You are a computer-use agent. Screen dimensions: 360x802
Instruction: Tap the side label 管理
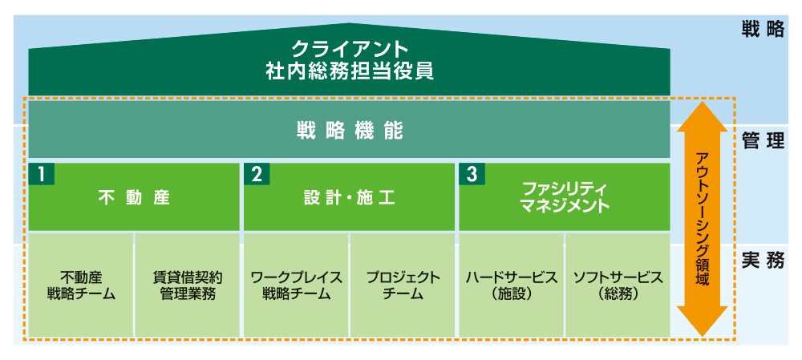[763, 142]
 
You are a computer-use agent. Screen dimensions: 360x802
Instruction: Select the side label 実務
[763, 260]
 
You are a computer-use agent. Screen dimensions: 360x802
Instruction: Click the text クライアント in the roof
[350, 50]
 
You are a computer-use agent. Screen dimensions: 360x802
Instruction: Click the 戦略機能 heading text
[350, 129]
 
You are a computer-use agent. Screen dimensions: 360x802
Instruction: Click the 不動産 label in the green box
[134, 197]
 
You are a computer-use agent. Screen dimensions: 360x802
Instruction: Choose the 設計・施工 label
[350, 197]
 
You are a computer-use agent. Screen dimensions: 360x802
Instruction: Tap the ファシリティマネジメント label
[565, 197]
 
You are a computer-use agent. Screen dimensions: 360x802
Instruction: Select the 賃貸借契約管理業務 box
[188, 285]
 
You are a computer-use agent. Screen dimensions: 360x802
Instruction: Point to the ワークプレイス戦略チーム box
[296, 285]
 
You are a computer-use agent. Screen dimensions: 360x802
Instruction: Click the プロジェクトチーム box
[403, 285]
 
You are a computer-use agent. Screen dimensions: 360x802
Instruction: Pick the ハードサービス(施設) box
[511, 285]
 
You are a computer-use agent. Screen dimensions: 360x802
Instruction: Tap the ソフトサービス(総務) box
[618, 285]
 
